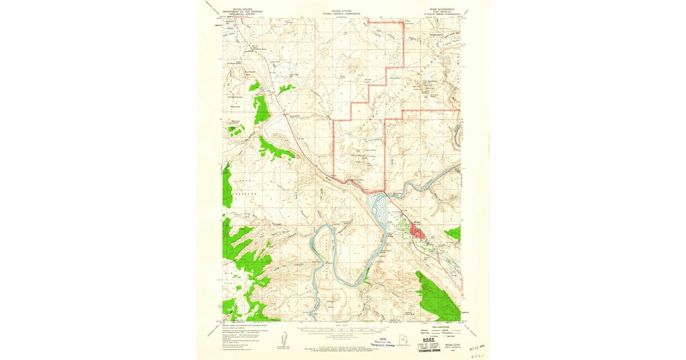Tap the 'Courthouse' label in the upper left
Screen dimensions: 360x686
click(236, 97)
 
